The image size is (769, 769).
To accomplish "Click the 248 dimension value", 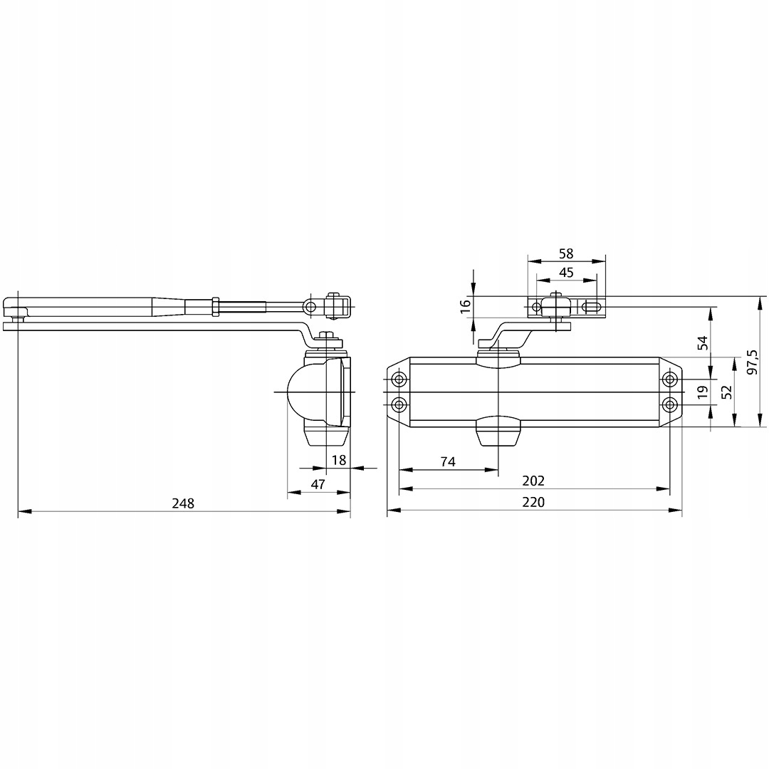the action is (183, 503).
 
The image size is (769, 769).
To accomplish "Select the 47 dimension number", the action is (318, 484).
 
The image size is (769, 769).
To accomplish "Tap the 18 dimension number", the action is (339, 460).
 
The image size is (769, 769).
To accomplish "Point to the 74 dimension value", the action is (447, 461).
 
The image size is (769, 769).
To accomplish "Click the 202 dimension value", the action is (533, 481).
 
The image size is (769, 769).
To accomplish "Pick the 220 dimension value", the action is (533, 502).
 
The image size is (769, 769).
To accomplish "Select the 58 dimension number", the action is (566, 253).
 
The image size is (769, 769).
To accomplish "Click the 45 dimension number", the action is (566, 272).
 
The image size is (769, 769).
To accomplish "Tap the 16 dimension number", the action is (465, 306).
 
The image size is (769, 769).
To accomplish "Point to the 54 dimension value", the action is (703, 342).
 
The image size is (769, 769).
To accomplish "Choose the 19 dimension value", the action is (703, 392).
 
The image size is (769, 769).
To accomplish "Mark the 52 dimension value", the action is (726, 392).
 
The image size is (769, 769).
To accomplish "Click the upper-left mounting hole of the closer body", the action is (399, 378).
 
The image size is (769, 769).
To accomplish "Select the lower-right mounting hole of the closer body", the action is (669, 405).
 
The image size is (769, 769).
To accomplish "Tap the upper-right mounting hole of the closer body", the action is (669, 378).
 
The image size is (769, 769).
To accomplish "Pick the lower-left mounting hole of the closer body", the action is (399, 405).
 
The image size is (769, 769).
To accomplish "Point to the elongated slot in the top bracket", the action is (591, 308).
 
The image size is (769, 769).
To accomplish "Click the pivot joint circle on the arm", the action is (309, 306).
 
